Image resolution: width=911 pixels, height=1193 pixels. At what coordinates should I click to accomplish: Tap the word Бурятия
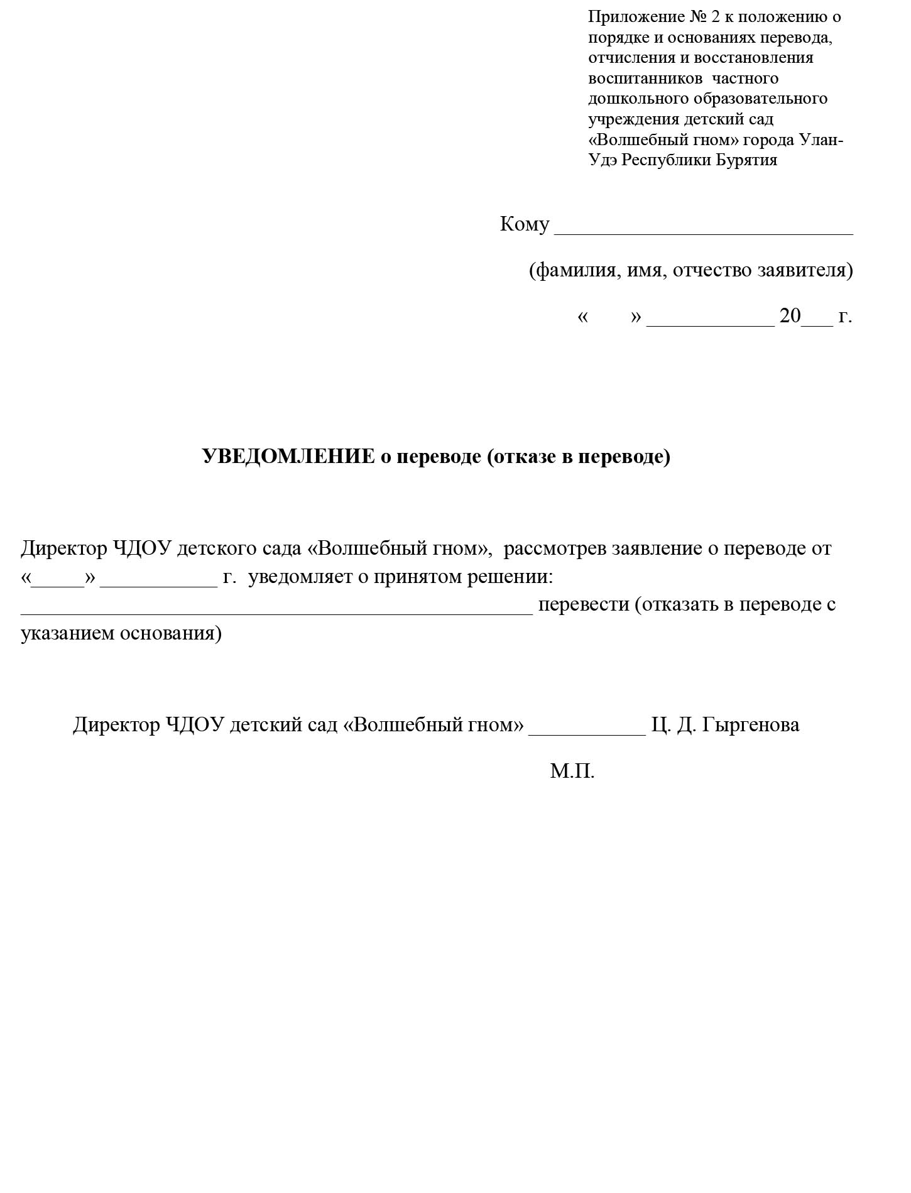coord(747,160)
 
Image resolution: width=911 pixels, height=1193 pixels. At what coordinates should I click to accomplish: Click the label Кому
coord(524,224)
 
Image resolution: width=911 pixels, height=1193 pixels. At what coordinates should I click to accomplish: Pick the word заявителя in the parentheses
coord(805,270)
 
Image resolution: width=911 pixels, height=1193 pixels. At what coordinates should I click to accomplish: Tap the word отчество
coord(713,270)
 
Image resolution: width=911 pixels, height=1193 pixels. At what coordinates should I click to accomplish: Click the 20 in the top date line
coord(790,316)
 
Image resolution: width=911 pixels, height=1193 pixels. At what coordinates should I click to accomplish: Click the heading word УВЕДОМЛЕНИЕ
coord(288,457)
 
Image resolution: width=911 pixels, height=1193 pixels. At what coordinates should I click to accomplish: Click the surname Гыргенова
coord(750,725)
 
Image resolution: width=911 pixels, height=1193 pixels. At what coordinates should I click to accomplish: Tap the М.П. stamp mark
coord(572,771)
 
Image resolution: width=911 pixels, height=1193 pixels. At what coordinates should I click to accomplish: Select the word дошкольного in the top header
coord(638,99)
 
